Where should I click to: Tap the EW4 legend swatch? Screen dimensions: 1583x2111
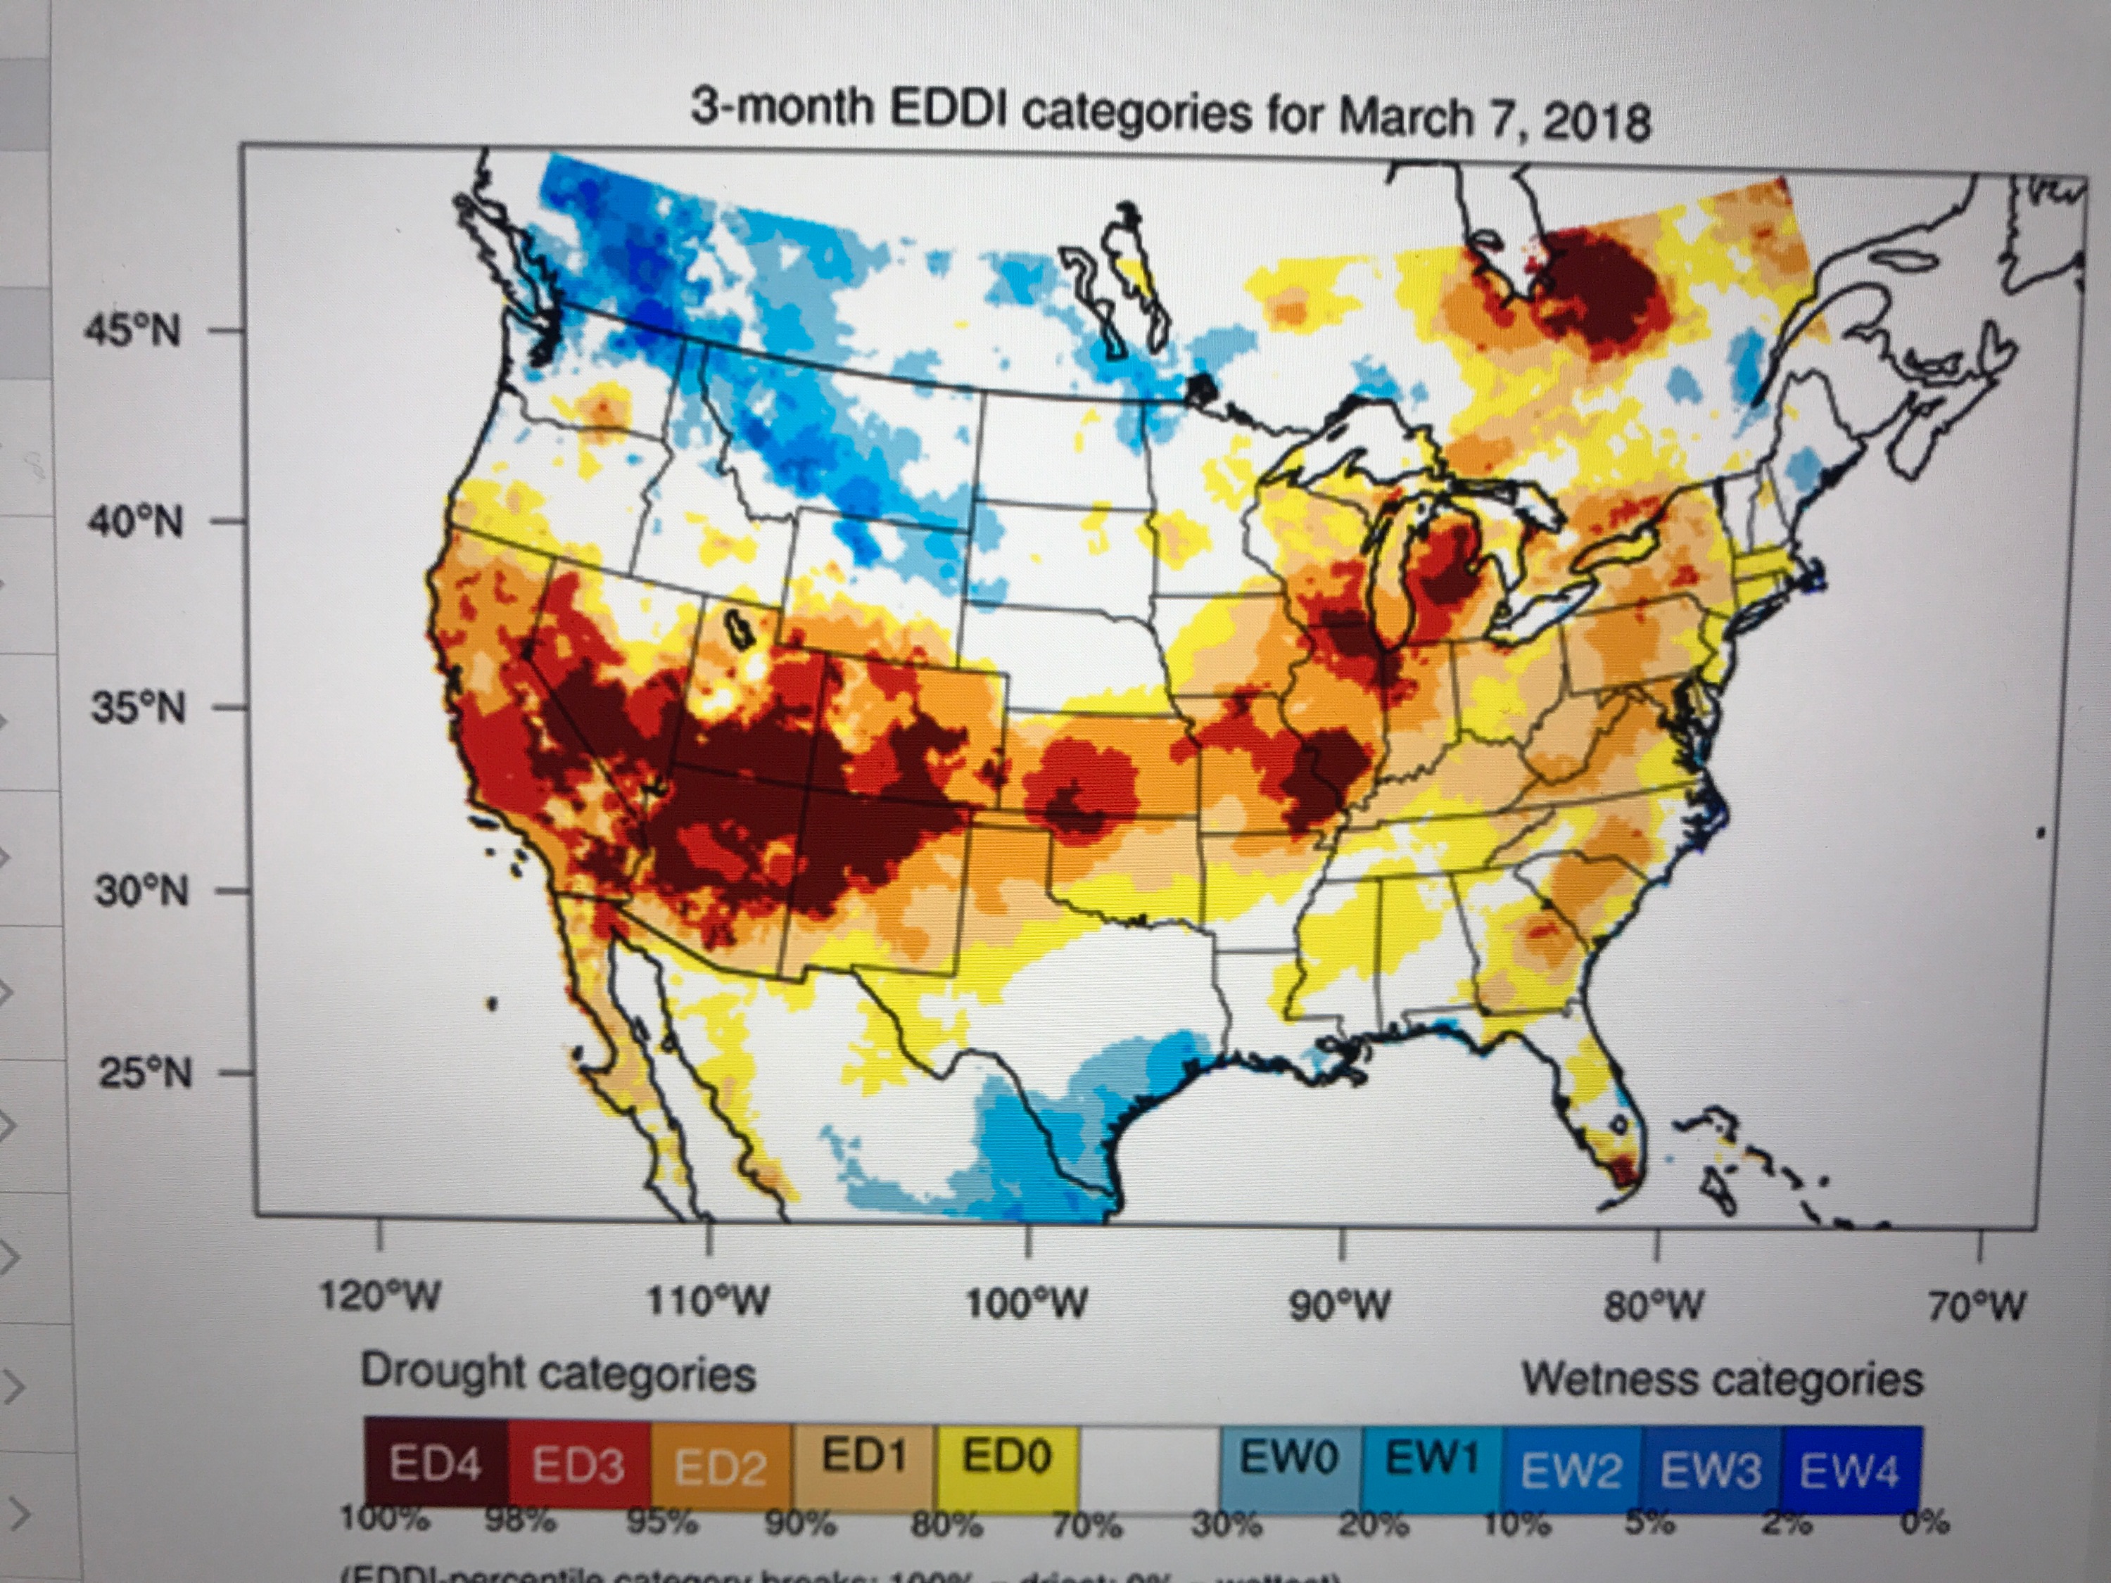pos(1849,1470)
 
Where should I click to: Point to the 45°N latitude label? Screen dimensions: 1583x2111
pos(133,332)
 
